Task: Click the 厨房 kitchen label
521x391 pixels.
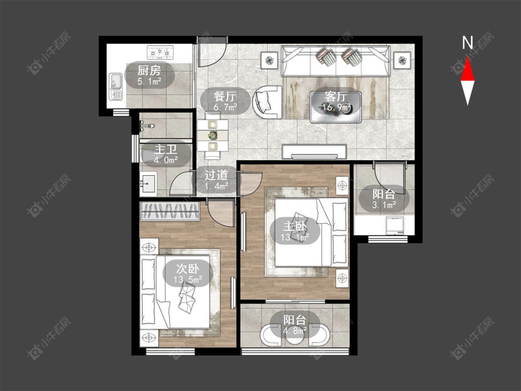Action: (149, 70)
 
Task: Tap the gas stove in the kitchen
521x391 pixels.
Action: (160, 52)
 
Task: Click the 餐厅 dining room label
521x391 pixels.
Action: (225, 96)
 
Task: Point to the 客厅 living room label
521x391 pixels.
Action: (336, 96)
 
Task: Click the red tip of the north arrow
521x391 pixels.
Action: (467, 57)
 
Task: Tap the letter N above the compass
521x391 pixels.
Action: (467, 43)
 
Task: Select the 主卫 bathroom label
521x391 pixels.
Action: (166, 149)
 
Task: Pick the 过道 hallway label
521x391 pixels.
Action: (216, 175)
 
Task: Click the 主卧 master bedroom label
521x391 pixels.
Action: (295, 226)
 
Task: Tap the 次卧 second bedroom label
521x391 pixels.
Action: (188, 268)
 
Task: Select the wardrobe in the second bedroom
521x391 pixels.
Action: (170, 211)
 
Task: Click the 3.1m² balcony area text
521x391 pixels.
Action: (384, 205)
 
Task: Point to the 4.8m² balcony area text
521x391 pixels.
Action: (295, 331)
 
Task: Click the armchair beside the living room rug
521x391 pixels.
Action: (267, 102)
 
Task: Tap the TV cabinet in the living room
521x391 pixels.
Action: (314, 151)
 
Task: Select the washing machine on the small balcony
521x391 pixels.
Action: (394, 225)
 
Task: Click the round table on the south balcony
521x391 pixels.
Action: (295, 336)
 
